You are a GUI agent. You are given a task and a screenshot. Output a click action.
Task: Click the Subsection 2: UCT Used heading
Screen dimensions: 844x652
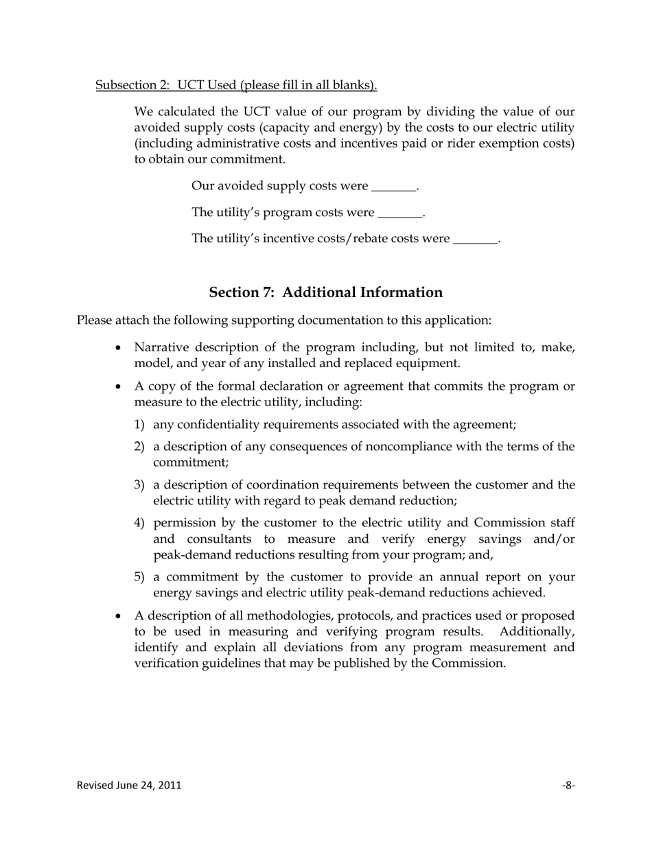click(236, 85)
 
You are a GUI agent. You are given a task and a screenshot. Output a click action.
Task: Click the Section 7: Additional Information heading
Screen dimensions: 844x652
click(325, 292)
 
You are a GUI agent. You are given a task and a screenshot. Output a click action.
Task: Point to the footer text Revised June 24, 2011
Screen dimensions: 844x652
click(129, 785)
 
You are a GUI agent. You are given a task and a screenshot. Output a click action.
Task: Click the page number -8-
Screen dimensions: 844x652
click(568, 785)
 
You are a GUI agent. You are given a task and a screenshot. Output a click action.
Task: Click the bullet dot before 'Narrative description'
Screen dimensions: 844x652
click(119, 348)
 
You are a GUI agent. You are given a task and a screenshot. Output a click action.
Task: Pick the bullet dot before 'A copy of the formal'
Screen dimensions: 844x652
click(119, 386)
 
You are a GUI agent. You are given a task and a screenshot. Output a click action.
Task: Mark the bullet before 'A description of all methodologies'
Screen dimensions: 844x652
click(119, 616)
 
